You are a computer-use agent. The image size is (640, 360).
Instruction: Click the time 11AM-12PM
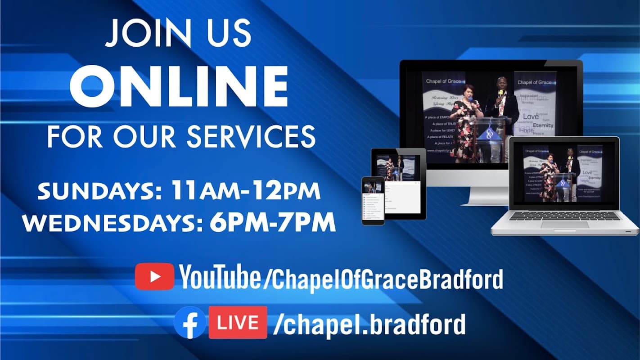245,191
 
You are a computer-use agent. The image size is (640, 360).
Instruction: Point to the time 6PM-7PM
273,222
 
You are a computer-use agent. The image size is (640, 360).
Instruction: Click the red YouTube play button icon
154,276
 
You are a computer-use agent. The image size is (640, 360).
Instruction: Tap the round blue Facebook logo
190,322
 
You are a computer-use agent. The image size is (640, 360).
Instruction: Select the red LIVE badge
238,322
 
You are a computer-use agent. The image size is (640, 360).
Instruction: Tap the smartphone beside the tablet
373,200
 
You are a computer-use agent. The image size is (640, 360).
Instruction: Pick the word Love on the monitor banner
531,116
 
